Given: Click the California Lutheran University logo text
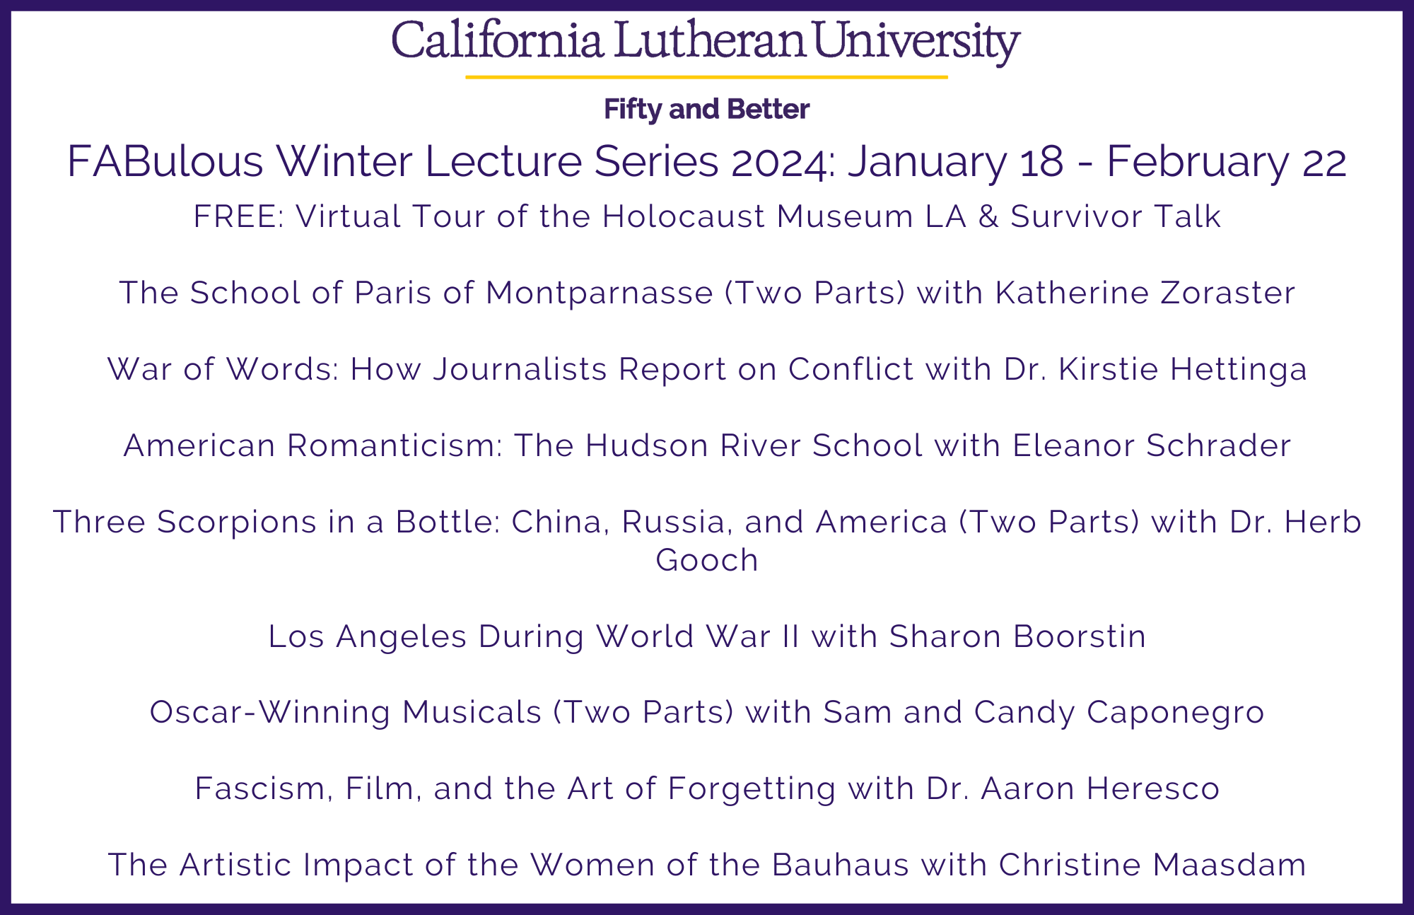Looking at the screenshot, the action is click(x=706, y=41).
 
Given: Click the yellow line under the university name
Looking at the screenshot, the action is click(x=706, y=76).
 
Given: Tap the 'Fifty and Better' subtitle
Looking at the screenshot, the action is click(x=706, y=110).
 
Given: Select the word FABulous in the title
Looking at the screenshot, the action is click(x=165, y=161).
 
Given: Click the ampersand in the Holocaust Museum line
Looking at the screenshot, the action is click(x=988, y=216).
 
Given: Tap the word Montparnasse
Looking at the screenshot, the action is click(x=599, y=293).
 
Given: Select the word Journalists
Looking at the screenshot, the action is click(x=520, y=369).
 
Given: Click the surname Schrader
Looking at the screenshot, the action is click(x=1218, y=445).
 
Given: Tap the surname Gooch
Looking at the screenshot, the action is click(x=707, y=560).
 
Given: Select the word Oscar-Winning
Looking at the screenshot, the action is click(x=269, y=713).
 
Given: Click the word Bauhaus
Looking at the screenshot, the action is click(x=840, y=865).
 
